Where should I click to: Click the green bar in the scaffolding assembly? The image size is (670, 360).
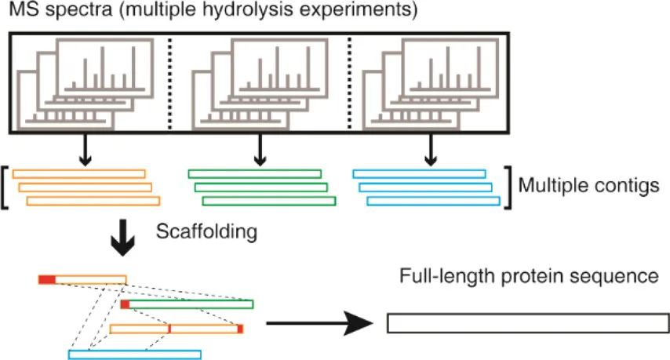pos(191,304)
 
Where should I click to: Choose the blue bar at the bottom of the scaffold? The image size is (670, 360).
pos(134,355)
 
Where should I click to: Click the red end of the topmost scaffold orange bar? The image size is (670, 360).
pos(47,279)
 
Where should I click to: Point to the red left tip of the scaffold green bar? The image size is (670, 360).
pos(124,304)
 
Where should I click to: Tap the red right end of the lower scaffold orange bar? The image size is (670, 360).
pos(241,329)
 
